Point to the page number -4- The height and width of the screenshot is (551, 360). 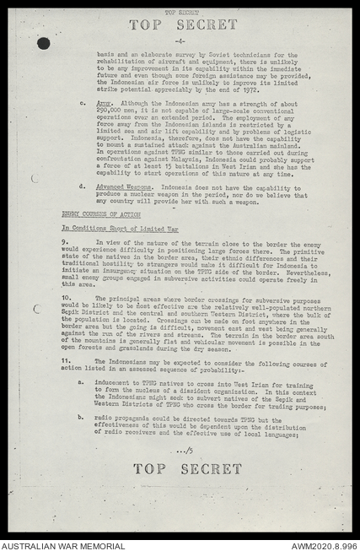pyautogui.click(x=180, y=41)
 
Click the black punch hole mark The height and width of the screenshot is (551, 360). pyautogui.click(x=43, y=43)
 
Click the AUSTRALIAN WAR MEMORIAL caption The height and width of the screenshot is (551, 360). pyautogui.click(x=51, y=544)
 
